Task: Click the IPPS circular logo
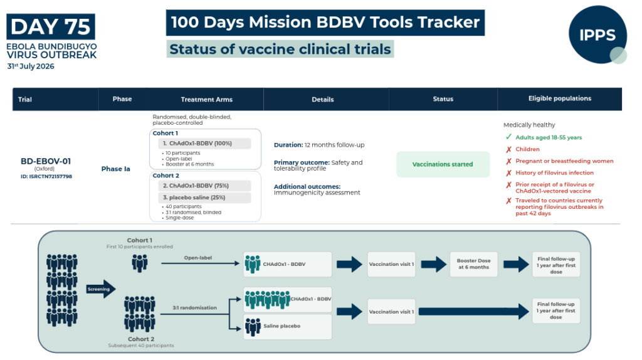[597, 34]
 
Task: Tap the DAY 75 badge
[51, 26]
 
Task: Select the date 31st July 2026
[31, 66]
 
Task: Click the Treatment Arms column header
[207, 99]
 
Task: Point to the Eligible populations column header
[560, 98]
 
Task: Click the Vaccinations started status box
[443, 164]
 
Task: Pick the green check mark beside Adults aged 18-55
[508, 137]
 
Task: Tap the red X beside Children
[508, 149]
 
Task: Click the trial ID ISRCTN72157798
[46, 176]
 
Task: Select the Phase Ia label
[116, 169]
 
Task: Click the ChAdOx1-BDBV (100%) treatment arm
[204, 144]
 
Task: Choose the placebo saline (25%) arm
[204, 198]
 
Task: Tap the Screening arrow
[101, 289]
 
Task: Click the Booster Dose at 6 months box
[474, 264]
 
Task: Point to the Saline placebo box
[287, 326]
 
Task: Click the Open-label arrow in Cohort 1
[200, 263]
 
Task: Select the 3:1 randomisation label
[194, 307]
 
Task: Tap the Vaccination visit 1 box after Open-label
[391, 264]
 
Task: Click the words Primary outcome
[302, 162]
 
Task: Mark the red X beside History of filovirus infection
[508, 173]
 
